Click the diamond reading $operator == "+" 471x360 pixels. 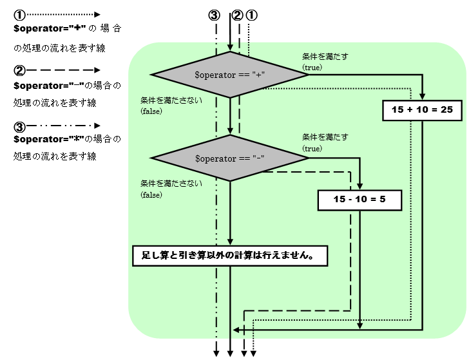coord(230,75)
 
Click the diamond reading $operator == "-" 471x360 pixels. coord(230,158)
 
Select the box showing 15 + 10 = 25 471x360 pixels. coord(422,109)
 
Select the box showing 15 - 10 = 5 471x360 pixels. coord(360,200)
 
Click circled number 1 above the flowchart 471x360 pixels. coord(252,15)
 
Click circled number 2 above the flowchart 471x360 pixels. coord(237,15)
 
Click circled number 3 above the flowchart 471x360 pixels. coord(215,15)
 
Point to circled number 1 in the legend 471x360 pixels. coord(19,14)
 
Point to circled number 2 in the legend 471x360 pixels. coord(19,70)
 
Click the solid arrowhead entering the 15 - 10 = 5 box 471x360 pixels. coord(360,185)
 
